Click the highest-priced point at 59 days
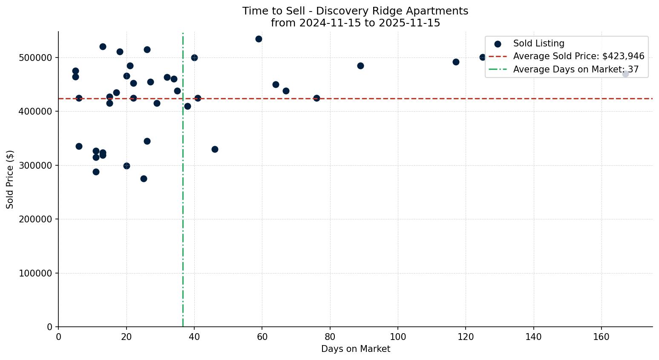point(259,39)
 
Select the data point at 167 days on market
point(625,74)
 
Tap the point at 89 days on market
point(360,66)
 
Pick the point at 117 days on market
point(456,62)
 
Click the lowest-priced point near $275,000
point(144,179)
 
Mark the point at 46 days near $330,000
point(215,149)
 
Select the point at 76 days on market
point(317,98)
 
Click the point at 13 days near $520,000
point(103,46)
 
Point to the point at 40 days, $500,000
point(194,58)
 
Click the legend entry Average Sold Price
point(578,56)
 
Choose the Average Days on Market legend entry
point(576,69)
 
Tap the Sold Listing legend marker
point(498,44)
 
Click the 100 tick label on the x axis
point(398,337)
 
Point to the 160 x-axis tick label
point(601,337)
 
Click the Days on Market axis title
point(355,349)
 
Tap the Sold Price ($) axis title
point(10,179)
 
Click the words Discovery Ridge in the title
point(352,11)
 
